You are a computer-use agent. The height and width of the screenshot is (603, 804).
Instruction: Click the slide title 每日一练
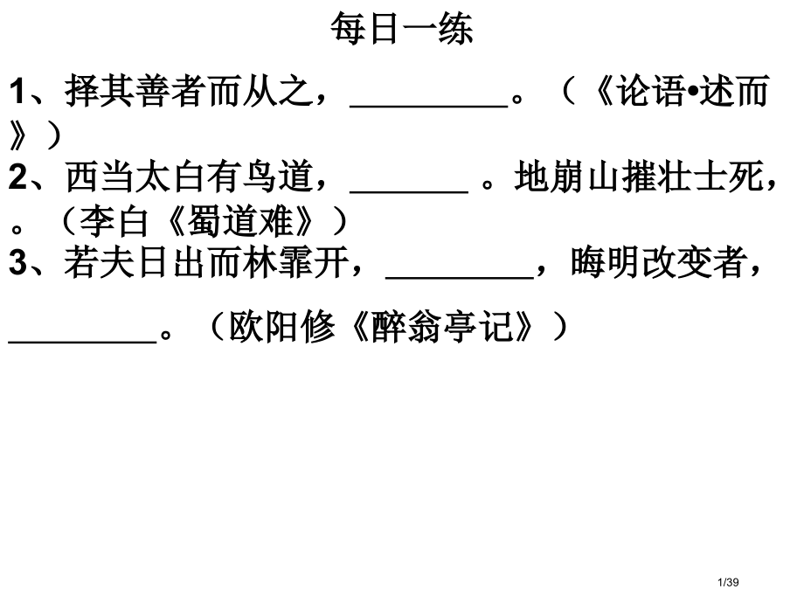pos(401,28)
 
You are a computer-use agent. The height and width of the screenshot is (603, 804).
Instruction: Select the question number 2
pos(18,177)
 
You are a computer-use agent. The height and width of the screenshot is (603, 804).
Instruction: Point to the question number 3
pos(18,262)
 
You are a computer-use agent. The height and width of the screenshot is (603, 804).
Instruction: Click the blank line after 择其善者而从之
pos(429,106)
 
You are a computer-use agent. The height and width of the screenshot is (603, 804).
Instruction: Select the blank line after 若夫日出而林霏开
pos(460,277)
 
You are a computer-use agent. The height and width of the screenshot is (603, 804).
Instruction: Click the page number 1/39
pos(728,582)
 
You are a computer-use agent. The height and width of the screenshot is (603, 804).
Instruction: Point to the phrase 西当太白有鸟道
pos(189,177)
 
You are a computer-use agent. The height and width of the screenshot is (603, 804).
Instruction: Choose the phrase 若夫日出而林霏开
pos(206,262)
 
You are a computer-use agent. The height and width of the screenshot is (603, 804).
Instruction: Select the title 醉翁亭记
pos(441,327)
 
